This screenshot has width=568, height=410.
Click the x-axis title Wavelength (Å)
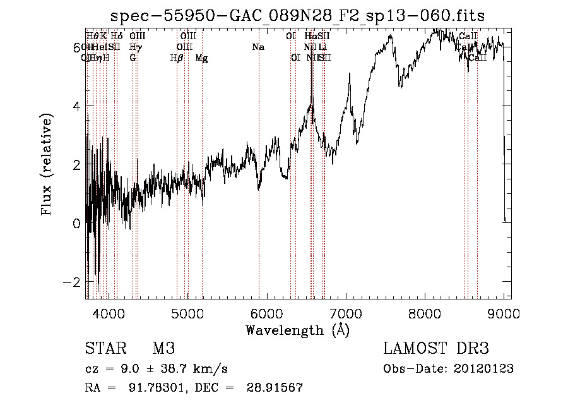pyautogui.click(x=297, y=330)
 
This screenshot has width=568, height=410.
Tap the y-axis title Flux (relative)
pyautogui.click(x=47, y=165)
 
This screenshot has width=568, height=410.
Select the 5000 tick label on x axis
pyautogui.click(x=187, y=313)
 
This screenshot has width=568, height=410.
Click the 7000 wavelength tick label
pyautogui.click(x=346, y=313)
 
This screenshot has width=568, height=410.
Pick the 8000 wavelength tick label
pyautogui.click(x=425, y=313)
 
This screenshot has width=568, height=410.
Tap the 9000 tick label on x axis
pyautogui.click(x=504, y=313)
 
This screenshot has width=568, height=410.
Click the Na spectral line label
pyautogui.click(x=257, y=47)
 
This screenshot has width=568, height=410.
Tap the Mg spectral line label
pyautogui.click(x=201, y=58)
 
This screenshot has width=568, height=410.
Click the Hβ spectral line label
pyautogui.click(x=177, y=58)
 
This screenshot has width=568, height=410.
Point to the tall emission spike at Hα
pyautogui.click(x=311, y=69)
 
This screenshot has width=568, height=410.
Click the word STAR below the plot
pyautogui.click(x=102, y=349)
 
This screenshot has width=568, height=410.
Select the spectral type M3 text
pyautogui.click(x=163, y=349)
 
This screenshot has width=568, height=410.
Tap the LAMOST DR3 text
pyautogui.click(x=436, y=349)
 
